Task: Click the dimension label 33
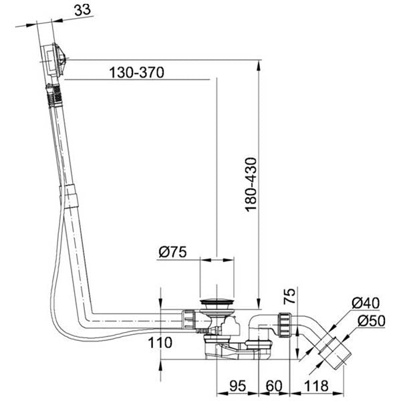pos(82,10)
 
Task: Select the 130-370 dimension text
pos(136,73)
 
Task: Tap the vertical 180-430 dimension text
pos(251,184)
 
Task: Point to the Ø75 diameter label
pos(172,252)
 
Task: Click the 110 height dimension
pos(160,343)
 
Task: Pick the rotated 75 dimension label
pos(289,296)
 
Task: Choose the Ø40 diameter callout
pos(366,303)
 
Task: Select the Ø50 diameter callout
pos(372,321)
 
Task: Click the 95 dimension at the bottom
pos(237,386)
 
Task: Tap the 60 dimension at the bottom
pos(274,386)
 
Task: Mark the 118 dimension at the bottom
pos(316,386)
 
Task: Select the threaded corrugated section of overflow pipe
pos(54,95)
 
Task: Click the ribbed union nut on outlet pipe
pos(285,325)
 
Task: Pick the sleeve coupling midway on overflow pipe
pos(70,195)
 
